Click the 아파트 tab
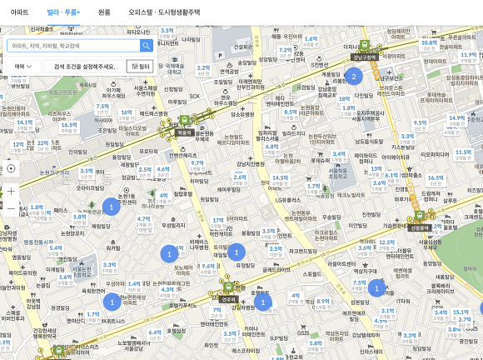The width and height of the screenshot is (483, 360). click(19, 12)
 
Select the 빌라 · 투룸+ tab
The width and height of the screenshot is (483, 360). click(64, 12)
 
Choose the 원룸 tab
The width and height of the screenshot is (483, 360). click(104, 12)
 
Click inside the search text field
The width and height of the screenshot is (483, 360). click(73, 46)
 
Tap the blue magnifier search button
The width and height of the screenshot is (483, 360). click(147, 46)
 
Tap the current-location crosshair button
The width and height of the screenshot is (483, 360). click(11, 167)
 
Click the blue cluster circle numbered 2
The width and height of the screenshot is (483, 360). click(353, 77)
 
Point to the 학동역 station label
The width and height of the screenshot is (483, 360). click(184, 132)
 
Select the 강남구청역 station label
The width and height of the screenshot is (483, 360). click(363, 57)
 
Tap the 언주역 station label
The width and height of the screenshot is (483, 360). click(227, 298)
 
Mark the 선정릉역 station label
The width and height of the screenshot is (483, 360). click(419, 227)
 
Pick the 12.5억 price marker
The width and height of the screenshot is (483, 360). click(386, 242)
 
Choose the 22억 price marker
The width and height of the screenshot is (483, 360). click(42, 142)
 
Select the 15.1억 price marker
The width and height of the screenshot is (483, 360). click(461, 313)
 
